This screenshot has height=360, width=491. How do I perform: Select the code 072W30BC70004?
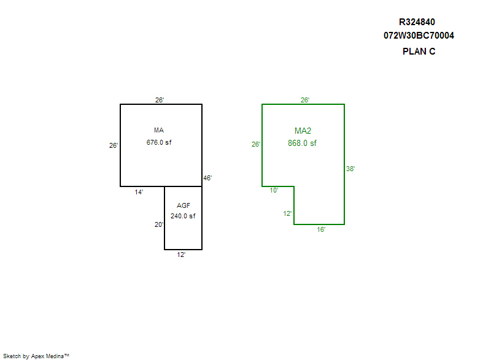point(419,36)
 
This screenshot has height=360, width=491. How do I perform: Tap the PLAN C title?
point(419,52)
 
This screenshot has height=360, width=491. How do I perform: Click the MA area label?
point(159,130)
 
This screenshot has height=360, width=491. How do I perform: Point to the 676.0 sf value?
point(159,143)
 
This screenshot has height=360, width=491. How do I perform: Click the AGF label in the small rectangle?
point(183,205)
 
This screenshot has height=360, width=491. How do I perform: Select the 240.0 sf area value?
point(183,216)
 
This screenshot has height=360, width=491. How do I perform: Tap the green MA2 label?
point(303,131)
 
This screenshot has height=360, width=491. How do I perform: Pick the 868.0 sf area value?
point(303,144)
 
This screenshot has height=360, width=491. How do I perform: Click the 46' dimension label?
point(207,178)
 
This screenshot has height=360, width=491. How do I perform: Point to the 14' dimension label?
point(139,192)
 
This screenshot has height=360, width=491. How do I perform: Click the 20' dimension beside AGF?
point(158,224)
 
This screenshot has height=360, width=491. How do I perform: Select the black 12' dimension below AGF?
point(181,255)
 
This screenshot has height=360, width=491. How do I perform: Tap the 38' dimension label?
point(350,169)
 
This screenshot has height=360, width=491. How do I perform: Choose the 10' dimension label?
point(274,191)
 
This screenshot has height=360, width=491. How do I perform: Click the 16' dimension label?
point(321,229)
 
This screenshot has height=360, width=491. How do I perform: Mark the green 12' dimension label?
point(287,213)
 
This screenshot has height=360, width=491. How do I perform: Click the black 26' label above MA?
point(160,100)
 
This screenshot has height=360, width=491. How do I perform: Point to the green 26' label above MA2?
point(305,100)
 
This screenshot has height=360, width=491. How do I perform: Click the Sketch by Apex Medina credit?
point(36,356)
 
